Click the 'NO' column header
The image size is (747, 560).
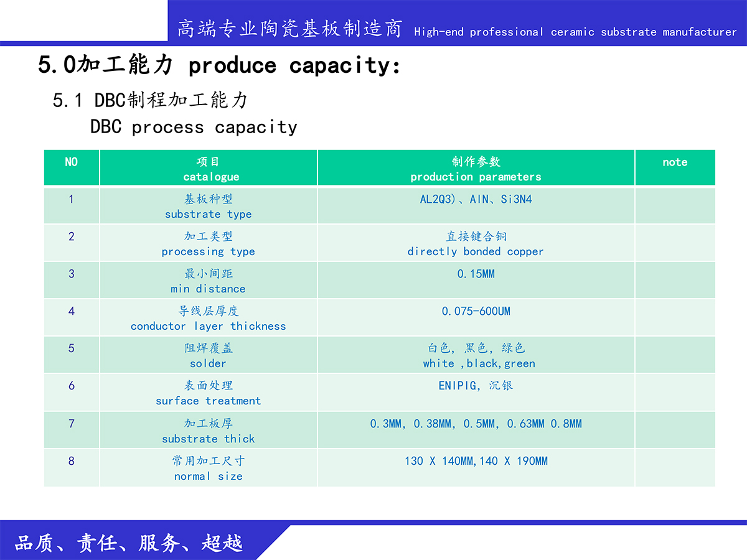click(71, 162)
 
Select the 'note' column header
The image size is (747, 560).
click(675, 162)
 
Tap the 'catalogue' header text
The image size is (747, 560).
click(211, 177)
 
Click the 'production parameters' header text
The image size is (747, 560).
click(476, 177)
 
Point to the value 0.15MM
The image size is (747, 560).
click(476, 274)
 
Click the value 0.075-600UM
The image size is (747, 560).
click(476, 311)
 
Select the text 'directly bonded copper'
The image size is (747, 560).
click(476, 251)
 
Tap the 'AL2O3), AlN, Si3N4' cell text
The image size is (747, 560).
click(476, 199)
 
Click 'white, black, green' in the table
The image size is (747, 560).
click(479, 364)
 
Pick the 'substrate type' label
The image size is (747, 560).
click(209, 215)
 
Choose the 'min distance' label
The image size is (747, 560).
click(208, 289)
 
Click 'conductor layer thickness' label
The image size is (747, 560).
click(209, 327)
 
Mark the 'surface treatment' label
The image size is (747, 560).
click(209, 401)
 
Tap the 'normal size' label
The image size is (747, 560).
click(209, 476)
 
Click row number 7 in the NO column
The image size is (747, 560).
click(71, 424)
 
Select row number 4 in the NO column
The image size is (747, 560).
click(71, 311)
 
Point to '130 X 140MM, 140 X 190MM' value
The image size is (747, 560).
click(476, 461)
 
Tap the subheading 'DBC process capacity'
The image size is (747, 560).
click(194, 127)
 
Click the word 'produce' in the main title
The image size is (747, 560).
click(232, 65)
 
